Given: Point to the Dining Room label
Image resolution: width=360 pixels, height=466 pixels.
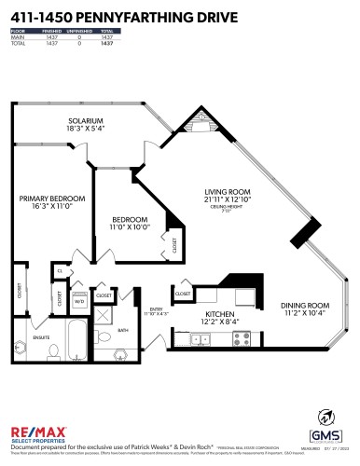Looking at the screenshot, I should (x=305, y=308).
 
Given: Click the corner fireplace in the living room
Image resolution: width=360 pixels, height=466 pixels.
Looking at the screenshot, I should (x=199, y=129).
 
